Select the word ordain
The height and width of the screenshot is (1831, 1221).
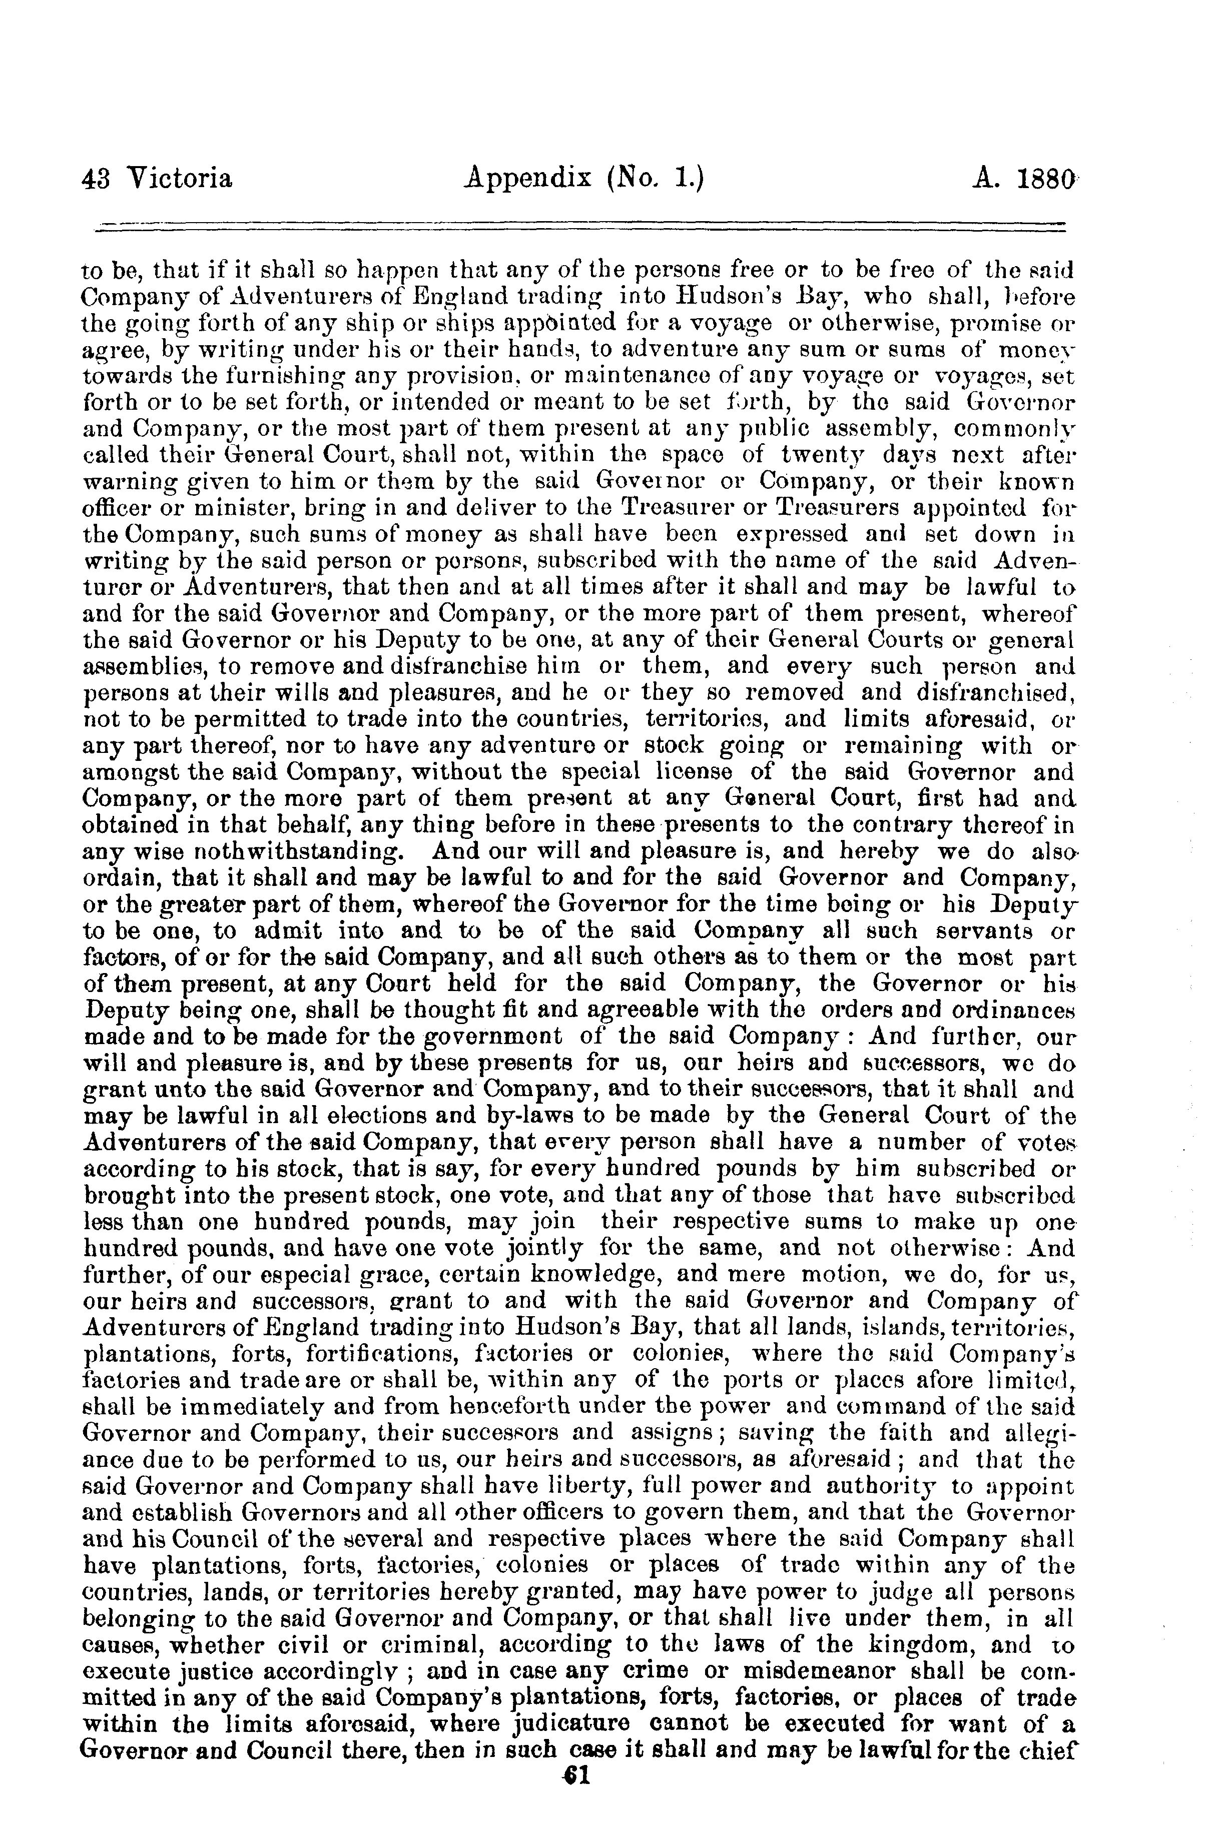point(122,878)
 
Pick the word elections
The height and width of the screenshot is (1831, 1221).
point(369,1116)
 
